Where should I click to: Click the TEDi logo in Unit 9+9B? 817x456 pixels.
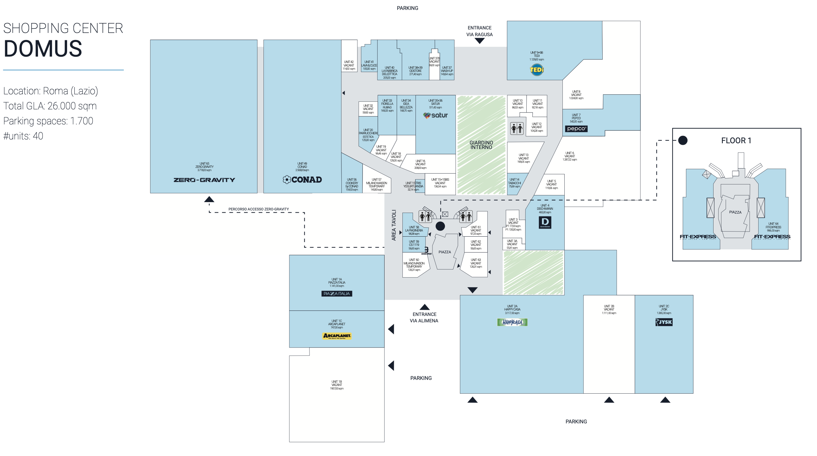pos(537,70)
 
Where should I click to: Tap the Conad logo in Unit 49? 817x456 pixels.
pos(302,180)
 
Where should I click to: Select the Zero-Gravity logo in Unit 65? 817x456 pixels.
pos(204,180)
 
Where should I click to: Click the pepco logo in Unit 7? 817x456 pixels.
pos(576,129)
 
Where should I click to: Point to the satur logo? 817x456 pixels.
pos(436,115)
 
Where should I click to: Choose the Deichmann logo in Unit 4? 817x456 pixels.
pos(545,222)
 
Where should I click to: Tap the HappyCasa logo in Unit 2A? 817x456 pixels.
pos(512,322)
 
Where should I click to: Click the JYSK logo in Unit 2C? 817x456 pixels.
pos(664,322)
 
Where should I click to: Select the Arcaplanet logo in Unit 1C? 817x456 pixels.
pos(337,336)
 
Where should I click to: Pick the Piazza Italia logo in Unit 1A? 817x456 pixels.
pos(337,294)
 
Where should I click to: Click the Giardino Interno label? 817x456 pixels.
pos(481,145)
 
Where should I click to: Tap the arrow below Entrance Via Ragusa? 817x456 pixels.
pos(479,41)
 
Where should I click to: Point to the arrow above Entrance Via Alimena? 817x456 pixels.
pos(424,307)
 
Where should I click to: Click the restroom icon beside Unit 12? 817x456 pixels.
pos(517,129)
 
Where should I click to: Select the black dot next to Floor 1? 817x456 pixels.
pos(683,140)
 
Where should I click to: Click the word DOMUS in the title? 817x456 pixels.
pos(43,49)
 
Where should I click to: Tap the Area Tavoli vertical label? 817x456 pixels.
pos(394,225)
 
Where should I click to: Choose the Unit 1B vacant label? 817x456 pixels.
pos(337,385)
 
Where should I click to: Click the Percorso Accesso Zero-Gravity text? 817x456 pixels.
pos(258,209)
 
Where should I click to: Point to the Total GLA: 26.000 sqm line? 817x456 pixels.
pos(50,106)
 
